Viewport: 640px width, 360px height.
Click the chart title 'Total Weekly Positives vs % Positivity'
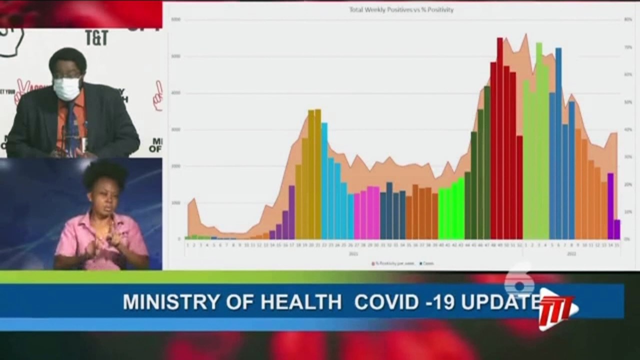(x=401, y=9)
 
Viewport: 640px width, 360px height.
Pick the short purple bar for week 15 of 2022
(x=617, y=229)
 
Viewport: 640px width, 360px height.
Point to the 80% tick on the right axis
(x=628, y=19)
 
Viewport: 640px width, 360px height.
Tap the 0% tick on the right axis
(x=627, y=239)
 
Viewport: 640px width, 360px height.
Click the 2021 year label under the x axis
(x=353, y=253)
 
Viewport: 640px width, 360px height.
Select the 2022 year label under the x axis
(x=571, y=253)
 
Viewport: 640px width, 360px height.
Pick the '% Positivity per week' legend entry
(x=394, y=263)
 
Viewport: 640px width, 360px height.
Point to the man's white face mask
(x=66, y=89)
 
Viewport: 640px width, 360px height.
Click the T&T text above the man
(x=96, y=37)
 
